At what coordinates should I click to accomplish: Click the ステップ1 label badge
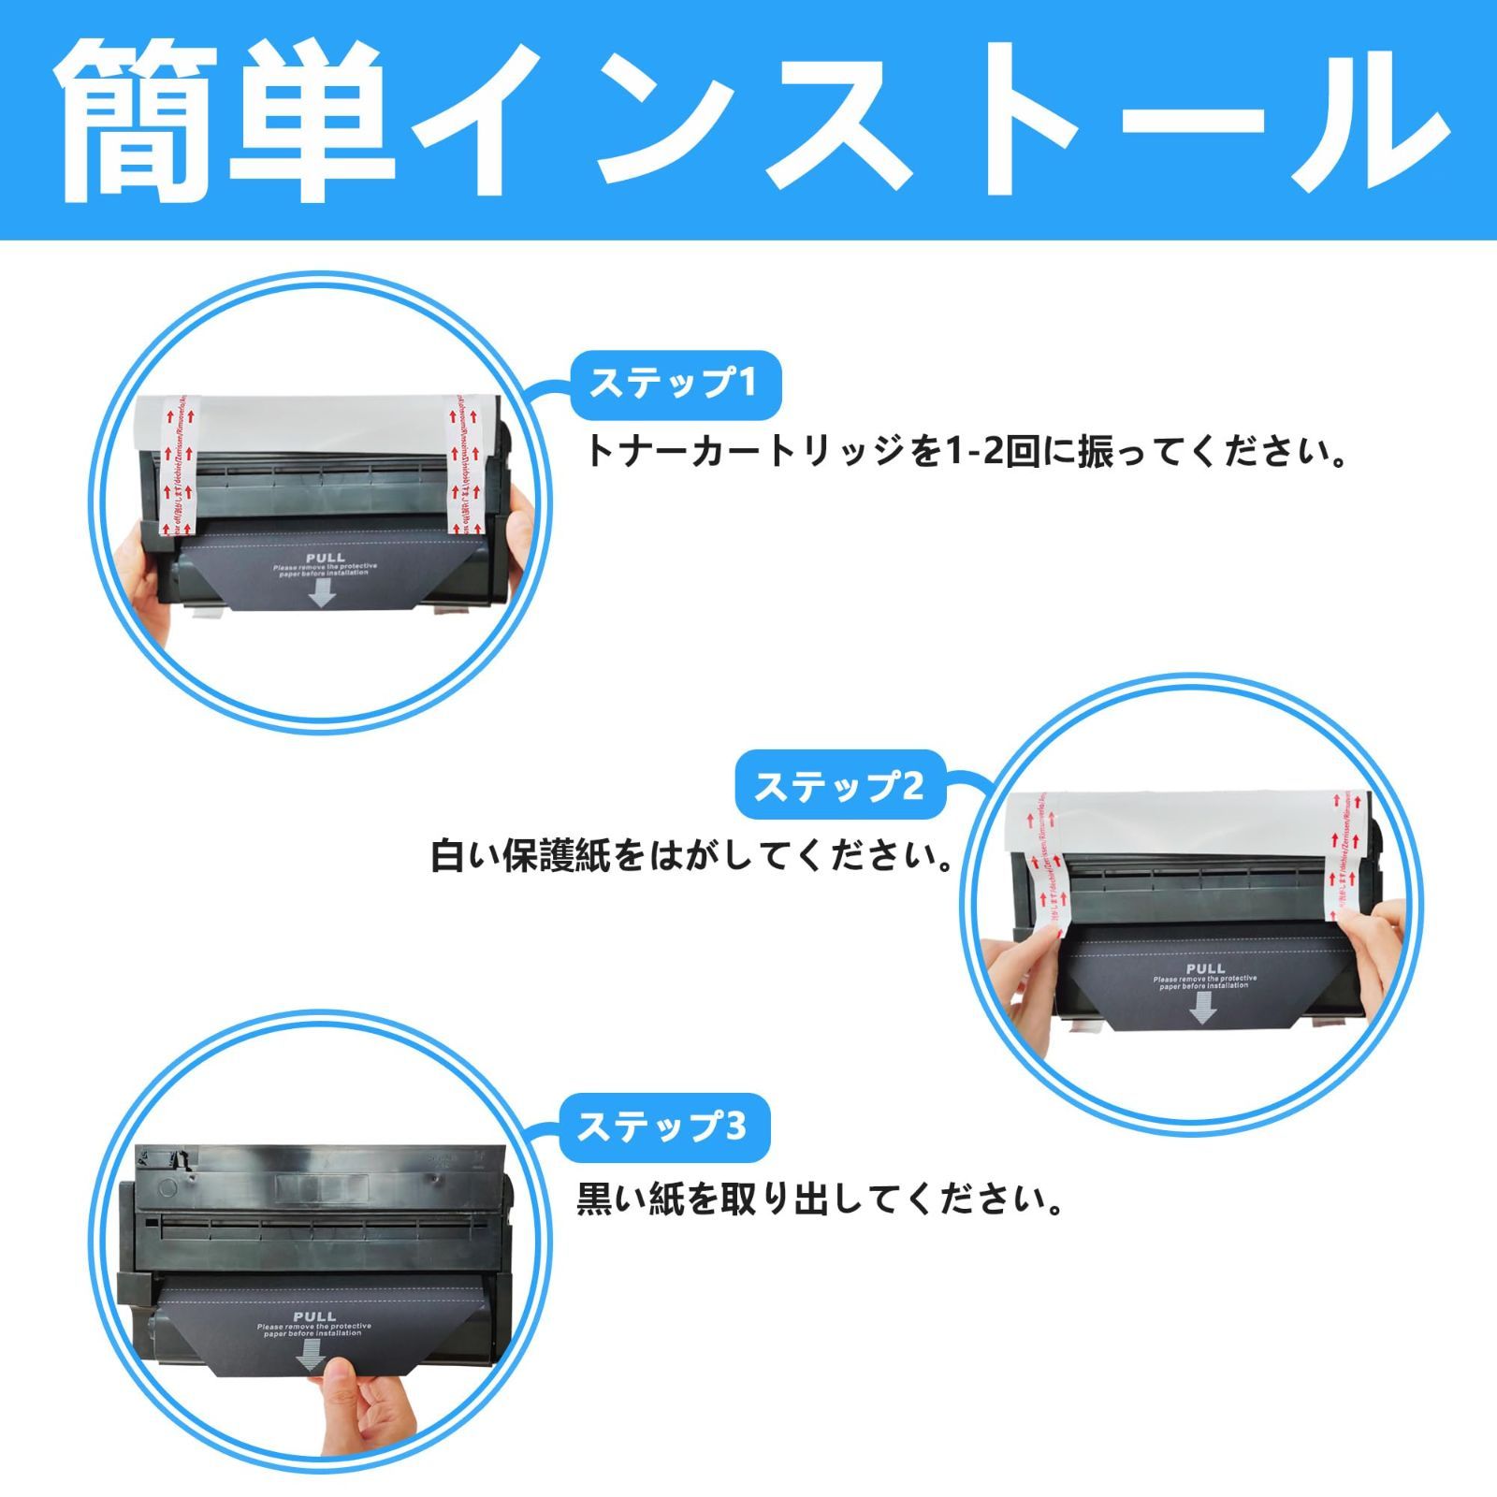click(x=675, y=384)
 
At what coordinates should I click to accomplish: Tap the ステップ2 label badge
click(x=839, y=786)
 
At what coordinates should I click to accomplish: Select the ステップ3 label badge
click(x=663, y=1126)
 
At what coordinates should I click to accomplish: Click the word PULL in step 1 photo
click(x=325, y=558)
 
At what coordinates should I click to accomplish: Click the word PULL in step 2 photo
click(x=1204, y=968)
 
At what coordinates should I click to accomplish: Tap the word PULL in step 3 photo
click(x=313, y=1316)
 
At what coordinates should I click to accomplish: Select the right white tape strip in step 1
click(x=465, y=468)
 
